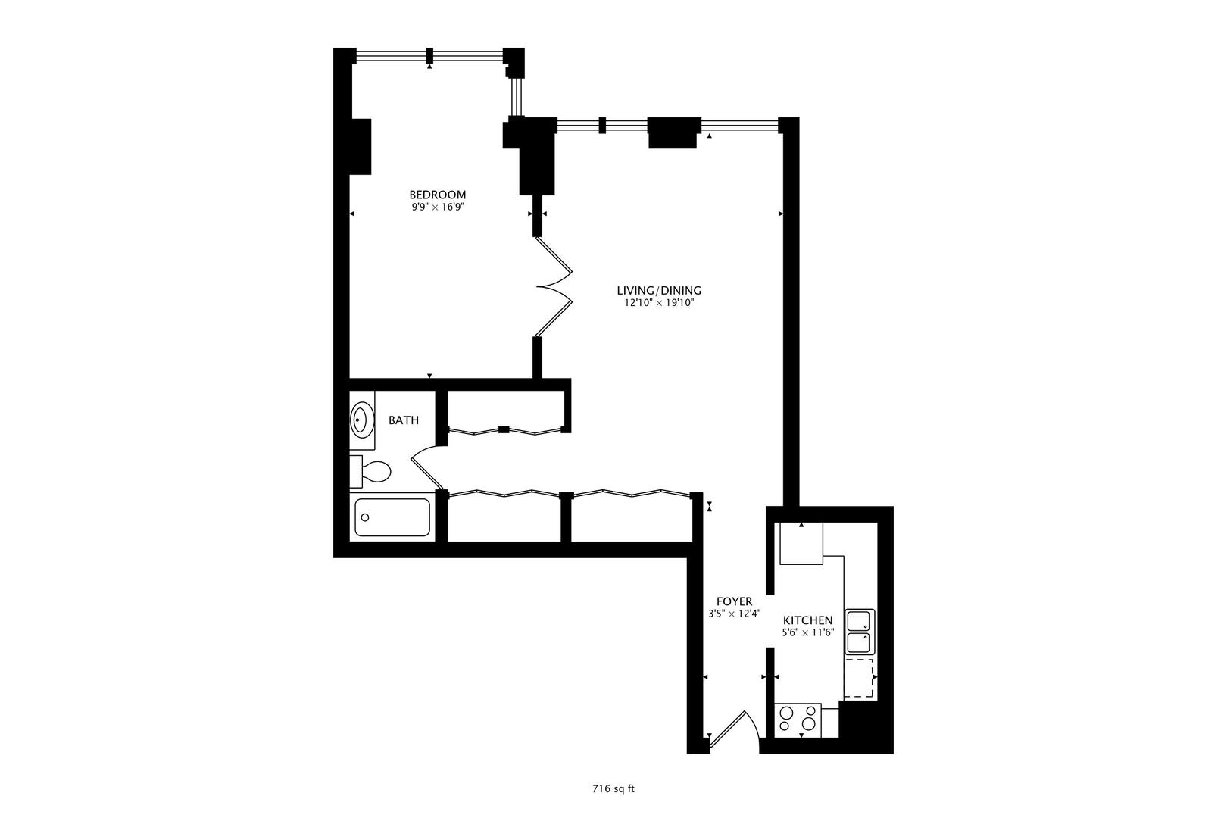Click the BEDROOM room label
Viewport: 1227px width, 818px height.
coord(438,195)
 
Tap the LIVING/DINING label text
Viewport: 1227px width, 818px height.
coord(659,290)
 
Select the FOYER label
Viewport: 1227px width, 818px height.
coord(734,601)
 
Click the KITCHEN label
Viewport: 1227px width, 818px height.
coord(807,620)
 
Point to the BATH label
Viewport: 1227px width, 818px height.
coord(404,420)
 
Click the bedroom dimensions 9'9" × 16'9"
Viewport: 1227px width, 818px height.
coord(439,207)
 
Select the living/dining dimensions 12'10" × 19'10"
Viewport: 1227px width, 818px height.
coord(659,302)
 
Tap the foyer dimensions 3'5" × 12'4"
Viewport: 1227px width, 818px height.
coord(734,613)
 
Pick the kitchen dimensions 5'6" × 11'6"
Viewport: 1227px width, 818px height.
coord(808,632)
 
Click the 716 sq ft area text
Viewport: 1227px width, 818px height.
coord(613,789)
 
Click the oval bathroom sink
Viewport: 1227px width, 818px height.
coord(361,420)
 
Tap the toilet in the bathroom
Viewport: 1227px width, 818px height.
coord(370,470)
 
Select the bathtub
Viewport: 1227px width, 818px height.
coord(392,517)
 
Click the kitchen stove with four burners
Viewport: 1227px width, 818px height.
coord(798,720)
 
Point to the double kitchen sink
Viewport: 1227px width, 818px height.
coord(860,632)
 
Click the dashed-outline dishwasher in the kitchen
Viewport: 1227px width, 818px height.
coord(859,679)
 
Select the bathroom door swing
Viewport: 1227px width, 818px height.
coord(428,467)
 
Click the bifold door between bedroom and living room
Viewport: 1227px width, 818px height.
coord(554,286)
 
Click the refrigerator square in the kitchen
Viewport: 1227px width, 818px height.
coord(801,543)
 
